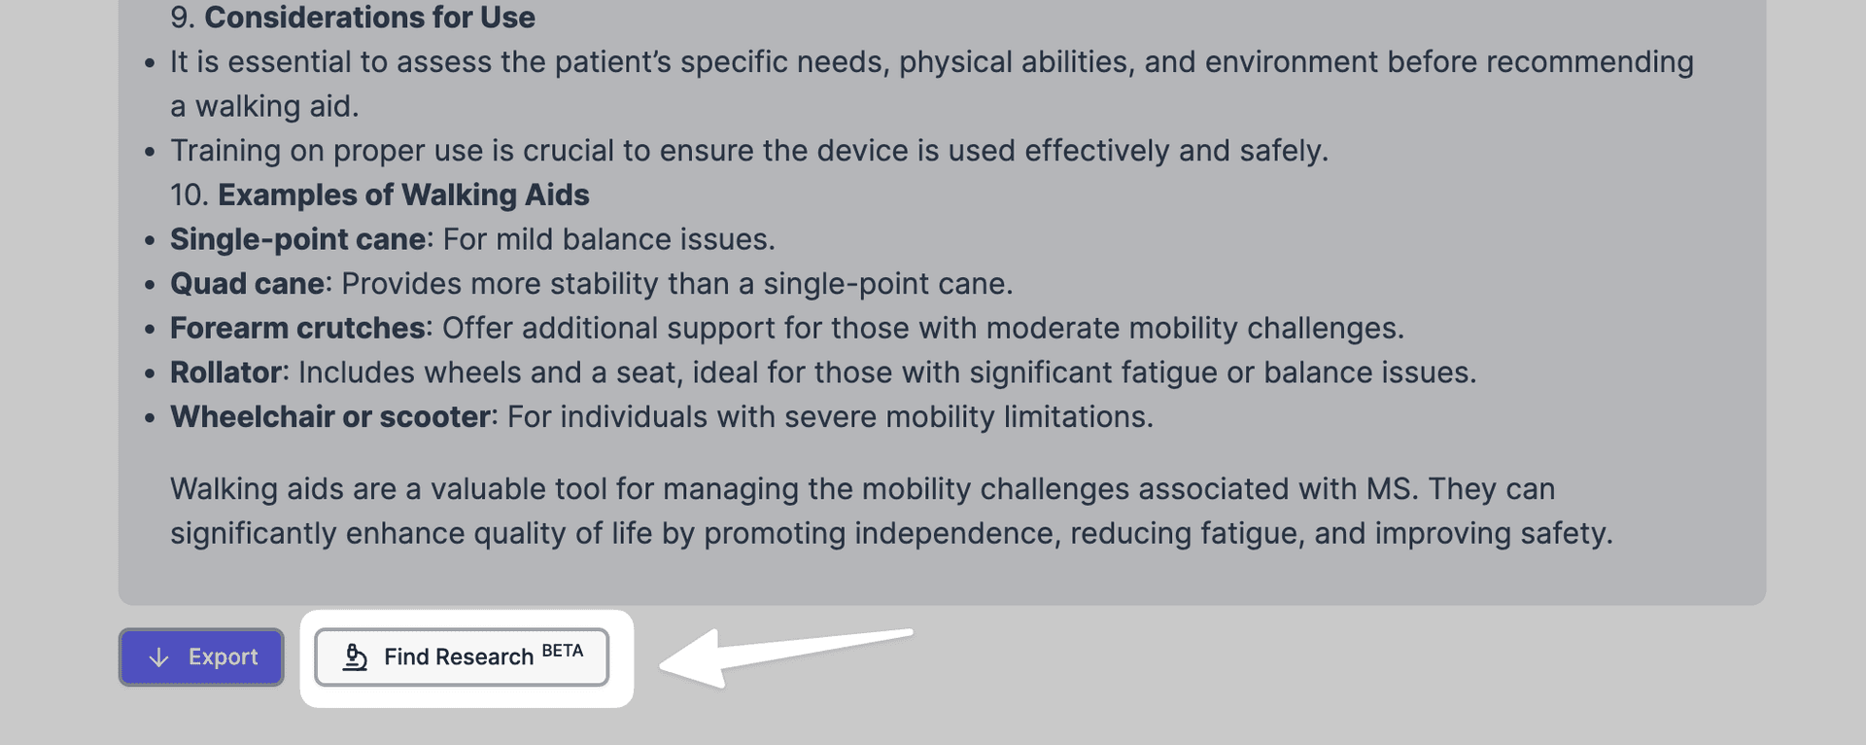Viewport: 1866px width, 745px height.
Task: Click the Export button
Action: tap(201, 657)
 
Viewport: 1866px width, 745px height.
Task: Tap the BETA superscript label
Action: tap(563, 651)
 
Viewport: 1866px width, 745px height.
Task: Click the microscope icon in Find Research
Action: tap(356, 657)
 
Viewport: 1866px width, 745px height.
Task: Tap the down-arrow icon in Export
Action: tap(159, 657)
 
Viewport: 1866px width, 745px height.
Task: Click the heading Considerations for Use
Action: tap(369, 18)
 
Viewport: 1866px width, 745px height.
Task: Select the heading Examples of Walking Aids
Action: tap(403, 195)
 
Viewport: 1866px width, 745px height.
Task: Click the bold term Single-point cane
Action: tap(298, 239)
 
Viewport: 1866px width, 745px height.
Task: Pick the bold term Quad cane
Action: tap(247, 284)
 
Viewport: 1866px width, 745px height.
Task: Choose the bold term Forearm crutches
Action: tap(297, 328)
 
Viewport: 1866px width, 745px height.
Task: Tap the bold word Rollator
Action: tap(225, 372)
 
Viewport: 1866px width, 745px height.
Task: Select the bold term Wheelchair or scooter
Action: tap(330, 417)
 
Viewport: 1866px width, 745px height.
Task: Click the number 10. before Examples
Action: tap(190, 195)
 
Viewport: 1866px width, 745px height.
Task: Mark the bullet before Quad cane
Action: tap(150, 285)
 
